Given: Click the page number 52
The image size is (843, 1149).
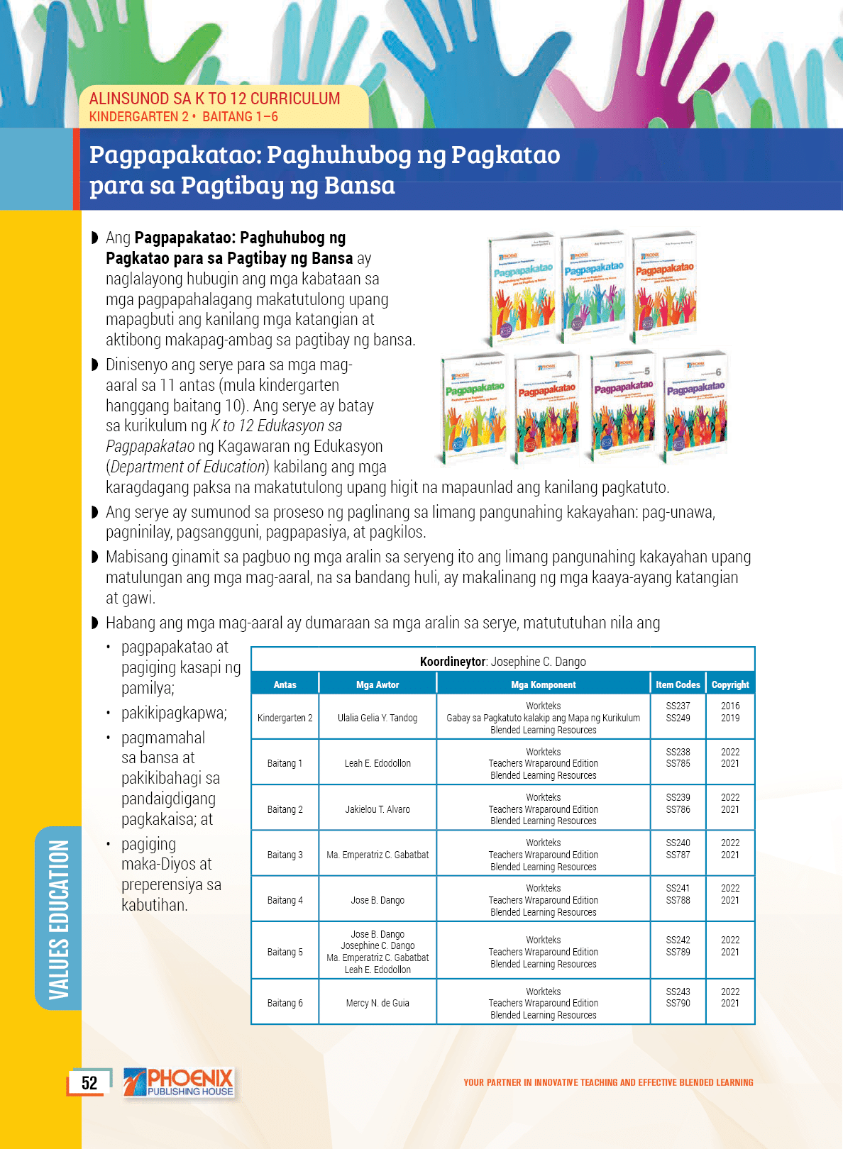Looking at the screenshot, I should (89, 1083).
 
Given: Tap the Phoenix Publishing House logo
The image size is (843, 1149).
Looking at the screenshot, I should (179, 1083).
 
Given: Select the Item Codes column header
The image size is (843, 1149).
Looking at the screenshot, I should (678, 684).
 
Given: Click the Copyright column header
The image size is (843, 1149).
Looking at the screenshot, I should (730, 684).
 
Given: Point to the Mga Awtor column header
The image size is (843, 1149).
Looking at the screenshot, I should (378, 684).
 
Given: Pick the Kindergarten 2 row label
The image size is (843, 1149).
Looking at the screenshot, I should (285, 718).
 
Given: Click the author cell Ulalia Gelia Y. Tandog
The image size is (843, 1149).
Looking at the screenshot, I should (378, 718).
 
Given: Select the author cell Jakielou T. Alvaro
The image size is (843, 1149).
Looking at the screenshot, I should (378, 809).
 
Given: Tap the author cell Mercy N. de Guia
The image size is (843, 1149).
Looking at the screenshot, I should (378, 1003).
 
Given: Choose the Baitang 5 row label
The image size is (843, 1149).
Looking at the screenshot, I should (285, 952).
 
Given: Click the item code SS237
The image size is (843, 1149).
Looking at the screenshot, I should (678, 706).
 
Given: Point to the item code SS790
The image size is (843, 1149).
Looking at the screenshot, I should (678, 1003).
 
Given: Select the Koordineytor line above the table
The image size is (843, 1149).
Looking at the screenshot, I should (502, 662).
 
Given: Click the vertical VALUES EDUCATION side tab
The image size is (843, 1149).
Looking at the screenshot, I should (59, 918).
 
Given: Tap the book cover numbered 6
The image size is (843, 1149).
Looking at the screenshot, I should (695, 408).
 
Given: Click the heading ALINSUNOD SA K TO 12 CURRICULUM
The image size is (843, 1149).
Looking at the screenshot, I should (214, 99).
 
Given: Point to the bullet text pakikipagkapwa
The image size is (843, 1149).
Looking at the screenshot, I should (174, 713).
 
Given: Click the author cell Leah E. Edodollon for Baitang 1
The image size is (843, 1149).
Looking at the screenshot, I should (378, 763).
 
